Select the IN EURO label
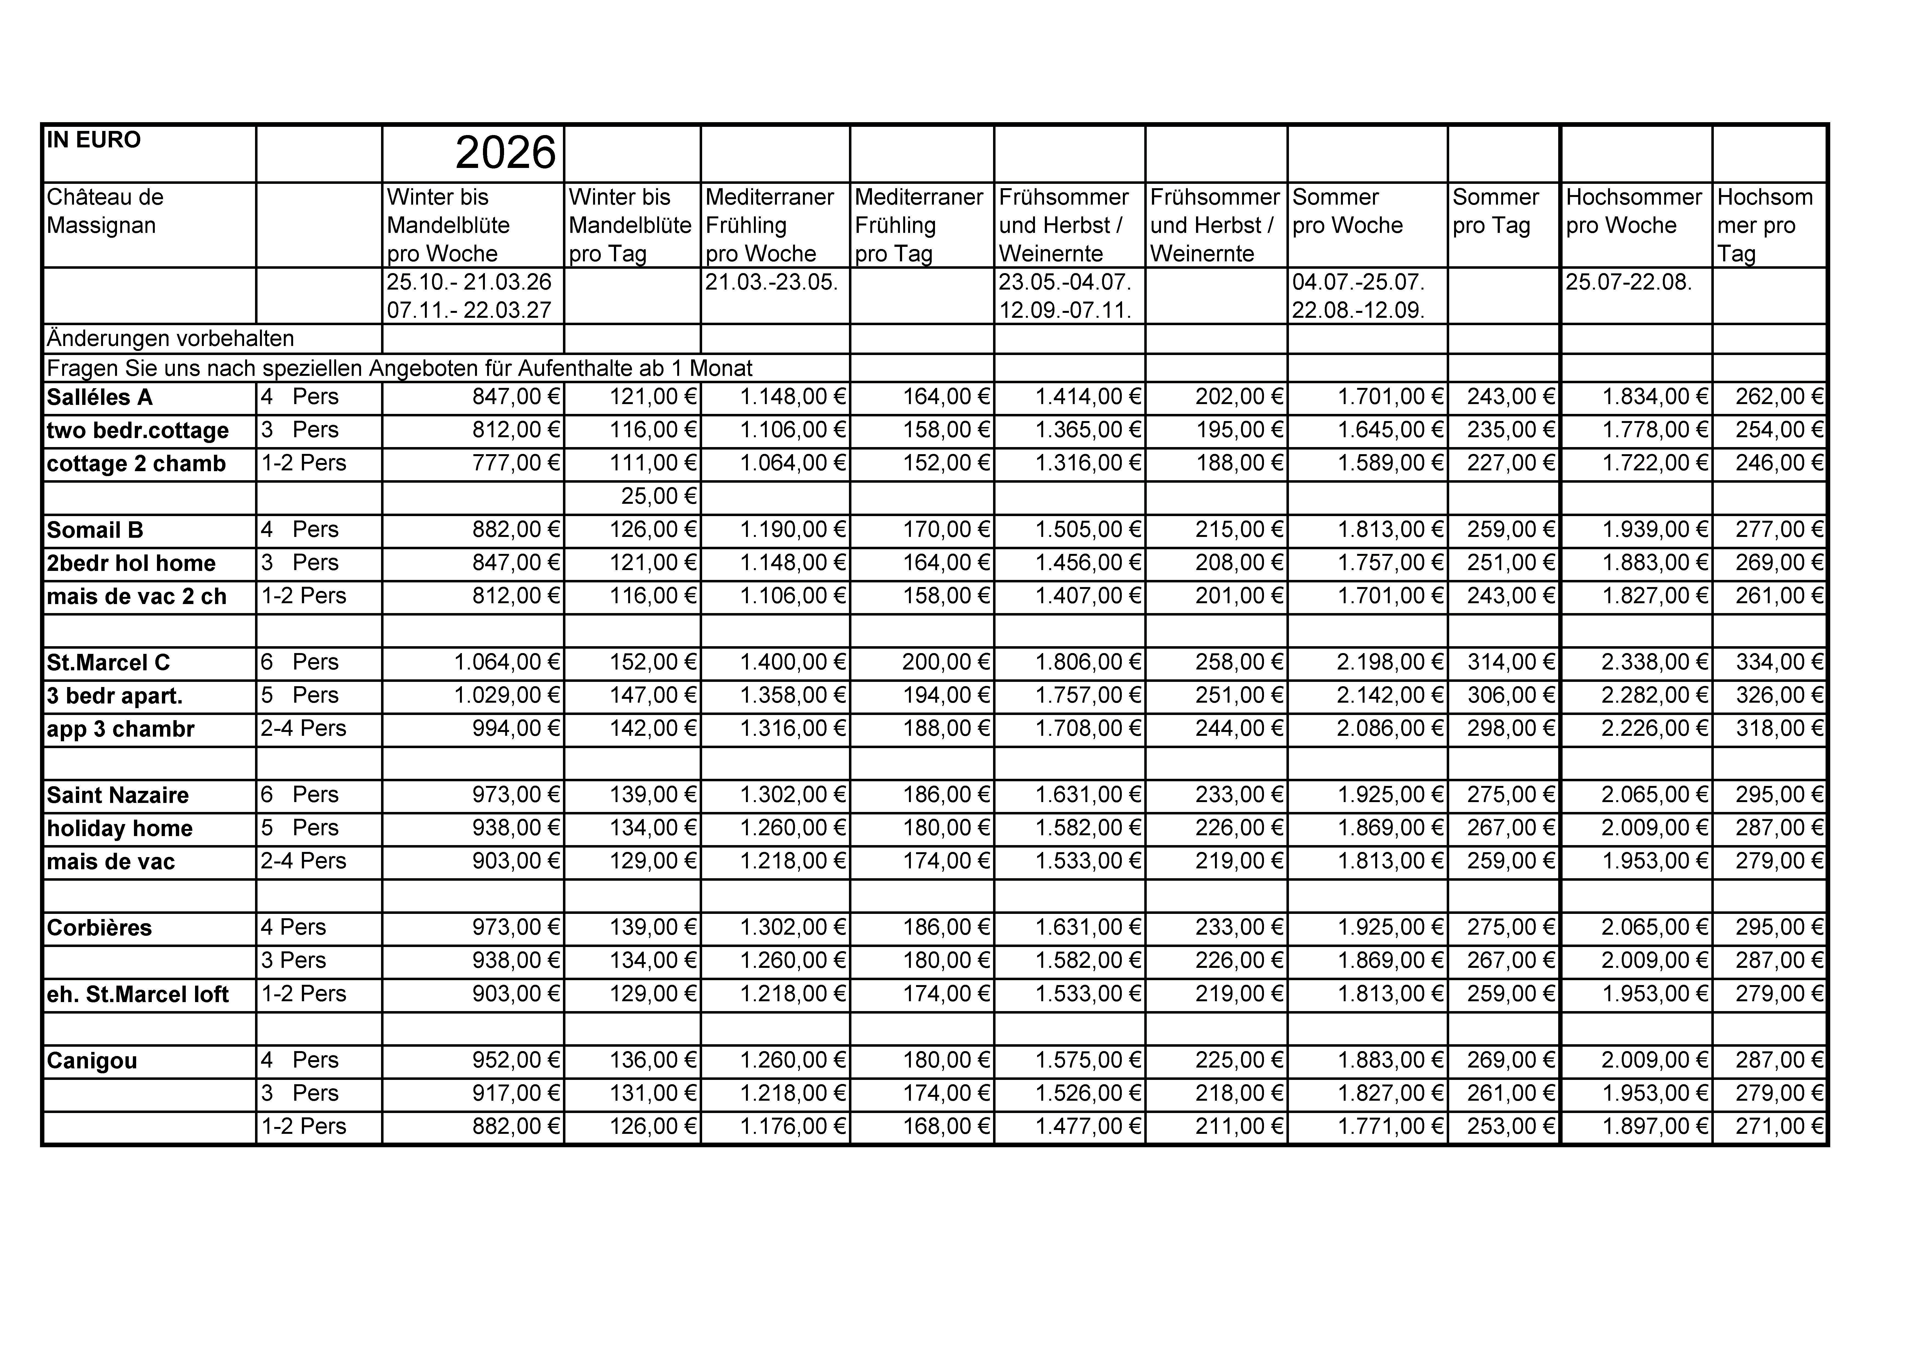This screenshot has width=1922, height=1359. [x=94, y=140]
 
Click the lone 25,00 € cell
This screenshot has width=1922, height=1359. [x=659, y=497]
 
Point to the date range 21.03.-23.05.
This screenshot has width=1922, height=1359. [x=771, y=282]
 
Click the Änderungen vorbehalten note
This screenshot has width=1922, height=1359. [x=171, y=338]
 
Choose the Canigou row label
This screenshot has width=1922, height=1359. [x=92, y=1061]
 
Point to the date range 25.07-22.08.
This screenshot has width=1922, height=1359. [x=1628, y=282]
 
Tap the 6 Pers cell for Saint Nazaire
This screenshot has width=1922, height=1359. [x=300, y=795]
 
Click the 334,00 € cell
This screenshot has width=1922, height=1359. [x=1779, y=662]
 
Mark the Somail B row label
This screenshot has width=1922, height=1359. [x=95, y=530]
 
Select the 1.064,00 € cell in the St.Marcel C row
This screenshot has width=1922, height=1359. [x=507, y=662]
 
